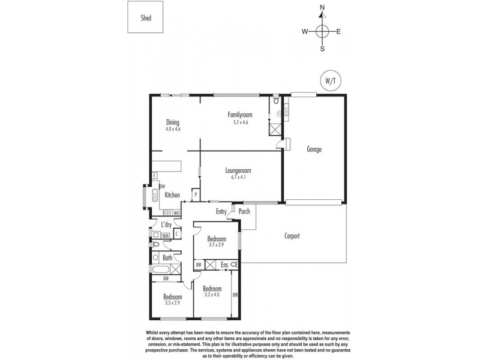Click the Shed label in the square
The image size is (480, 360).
146,18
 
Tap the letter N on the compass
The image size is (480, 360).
322,8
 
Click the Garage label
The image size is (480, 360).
314,149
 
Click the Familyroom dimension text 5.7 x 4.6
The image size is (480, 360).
239,122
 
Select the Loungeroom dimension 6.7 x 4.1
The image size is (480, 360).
239,178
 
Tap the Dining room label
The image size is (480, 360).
173,122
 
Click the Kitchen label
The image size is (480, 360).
173,195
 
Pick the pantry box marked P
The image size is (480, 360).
195,195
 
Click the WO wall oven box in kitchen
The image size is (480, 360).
176,213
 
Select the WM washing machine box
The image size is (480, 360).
165,236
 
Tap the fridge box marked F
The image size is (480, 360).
154,176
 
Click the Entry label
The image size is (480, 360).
222,211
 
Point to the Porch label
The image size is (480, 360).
244,211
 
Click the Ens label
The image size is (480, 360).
224,264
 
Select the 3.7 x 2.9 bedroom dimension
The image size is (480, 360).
215,245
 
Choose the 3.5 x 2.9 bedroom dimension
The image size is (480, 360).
173,303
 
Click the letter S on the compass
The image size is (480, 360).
322,49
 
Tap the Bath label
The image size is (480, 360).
167,258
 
